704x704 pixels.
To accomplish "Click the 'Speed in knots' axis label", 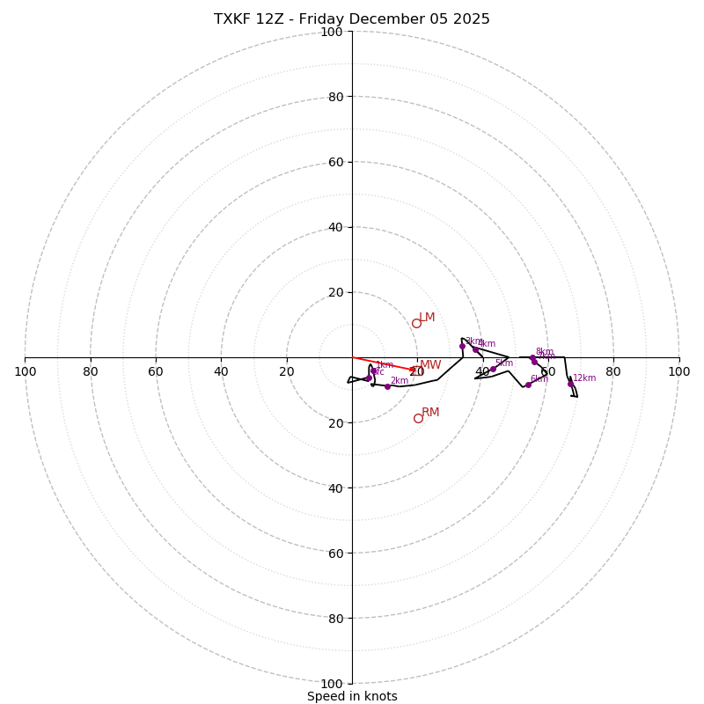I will [352, 696].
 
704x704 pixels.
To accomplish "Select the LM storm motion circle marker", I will [416, 323].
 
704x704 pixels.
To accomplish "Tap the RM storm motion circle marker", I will [418, 418].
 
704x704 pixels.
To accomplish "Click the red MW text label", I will [430, 365].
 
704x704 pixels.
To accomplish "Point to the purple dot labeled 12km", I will [570, 384].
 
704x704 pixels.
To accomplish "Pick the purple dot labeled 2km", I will [387, 386].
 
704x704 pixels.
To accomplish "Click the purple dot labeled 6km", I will [528, 385].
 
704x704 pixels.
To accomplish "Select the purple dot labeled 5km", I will [493, 369].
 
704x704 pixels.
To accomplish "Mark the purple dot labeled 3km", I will [462, 346].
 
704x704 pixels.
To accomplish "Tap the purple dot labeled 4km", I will [475, 349].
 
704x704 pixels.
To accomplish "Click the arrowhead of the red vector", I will [414, 370].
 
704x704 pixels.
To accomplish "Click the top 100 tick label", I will [331, 33].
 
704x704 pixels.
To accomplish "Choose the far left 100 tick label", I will [25, 371].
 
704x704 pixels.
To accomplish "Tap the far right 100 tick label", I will [678, 371].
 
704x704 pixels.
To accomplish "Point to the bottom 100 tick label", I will [331, 684].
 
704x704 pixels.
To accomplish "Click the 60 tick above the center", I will [334, 162].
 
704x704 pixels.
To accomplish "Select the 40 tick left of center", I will [221, 371].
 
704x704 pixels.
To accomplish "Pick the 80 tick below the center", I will [334, 619].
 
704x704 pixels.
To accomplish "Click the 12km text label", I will [584, 378].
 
